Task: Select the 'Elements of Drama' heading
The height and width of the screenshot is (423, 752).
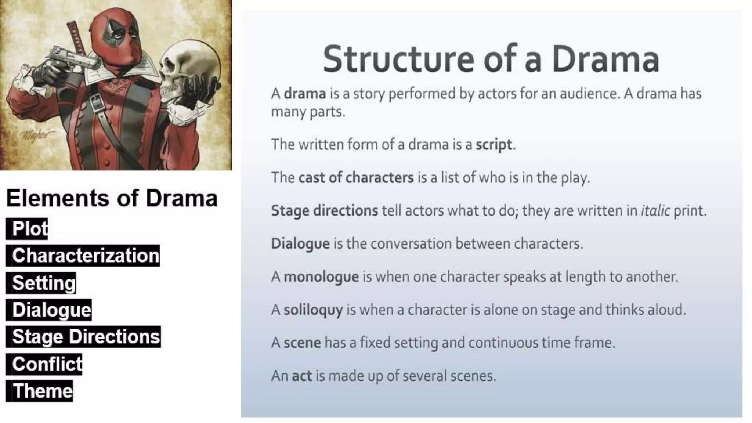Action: (x=112, y=198)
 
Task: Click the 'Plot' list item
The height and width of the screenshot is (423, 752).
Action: (x=29, y=229)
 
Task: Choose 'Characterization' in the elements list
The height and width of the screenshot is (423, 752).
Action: (x=85, y=256)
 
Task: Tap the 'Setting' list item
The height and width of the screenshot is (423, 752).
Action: (x=44, y=283)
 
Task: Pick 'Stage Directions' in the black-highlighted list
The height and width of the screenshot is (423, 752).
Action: (x=86, y=337)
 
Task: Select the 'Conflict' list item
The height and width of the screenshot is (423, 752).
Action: (x=47, y=364)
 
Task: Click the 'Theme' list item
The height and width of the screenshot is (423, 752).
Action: (x=42, y=391)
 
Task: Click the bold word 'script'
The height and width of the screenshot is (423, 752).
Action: (x=493, y=145)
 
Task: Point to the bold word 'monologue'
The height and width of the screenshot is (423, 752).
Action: (x=321, y=277)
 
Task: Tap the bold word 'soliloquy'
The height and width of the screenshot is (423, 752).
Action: (x=313, y=310)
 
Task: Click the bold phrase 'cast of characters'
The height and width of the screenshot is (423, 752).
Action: (x=356, y=178)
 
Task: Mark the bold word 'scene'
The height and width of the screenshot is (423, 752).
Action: (x=302, y=343)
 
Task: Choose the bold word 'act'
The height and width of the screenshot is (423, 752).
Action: (x=301, y=376)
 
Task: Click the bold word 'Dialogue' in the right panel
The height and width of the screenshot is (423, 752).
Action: (x=300, y=244)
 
